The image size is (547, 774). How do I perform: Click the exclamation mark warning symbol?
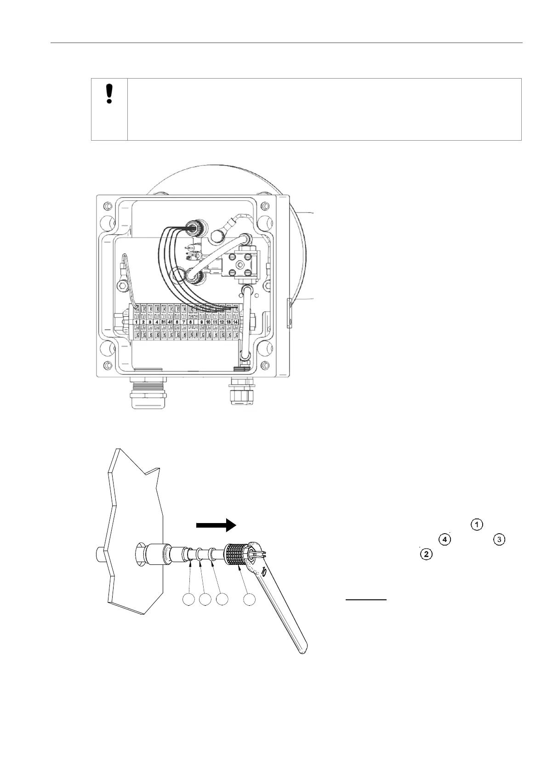pyautogui.click(x=109, y=94)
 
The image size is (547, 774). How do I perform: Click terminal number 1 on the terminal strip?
pyautogui.click(x=137, y=322)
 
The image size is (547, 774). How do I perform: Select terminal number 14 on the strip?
pyautogui.click(x=236, y=322)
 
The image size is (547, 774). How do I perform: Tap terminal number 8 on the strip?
pyautogui.click(x=190, y=322)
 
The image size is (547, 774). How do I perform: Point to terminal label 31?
pyautogui.click(x=163, y=322)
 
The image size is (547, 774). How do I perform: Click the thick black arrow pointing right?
pyautogui.click(x=216, y=526)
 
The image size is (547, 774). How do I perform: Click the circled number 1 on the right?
pyautogui.click(x=478, y=524)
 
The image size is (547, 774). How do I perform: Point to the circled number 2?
pyautogui.click(x=426, y=554)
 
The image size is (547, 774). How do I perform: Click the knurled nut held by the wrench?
pyautogui.click(x=237, y=557)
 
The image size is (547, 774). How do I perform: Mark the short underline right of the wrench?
pyautogui.click(x=366, y=600)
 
